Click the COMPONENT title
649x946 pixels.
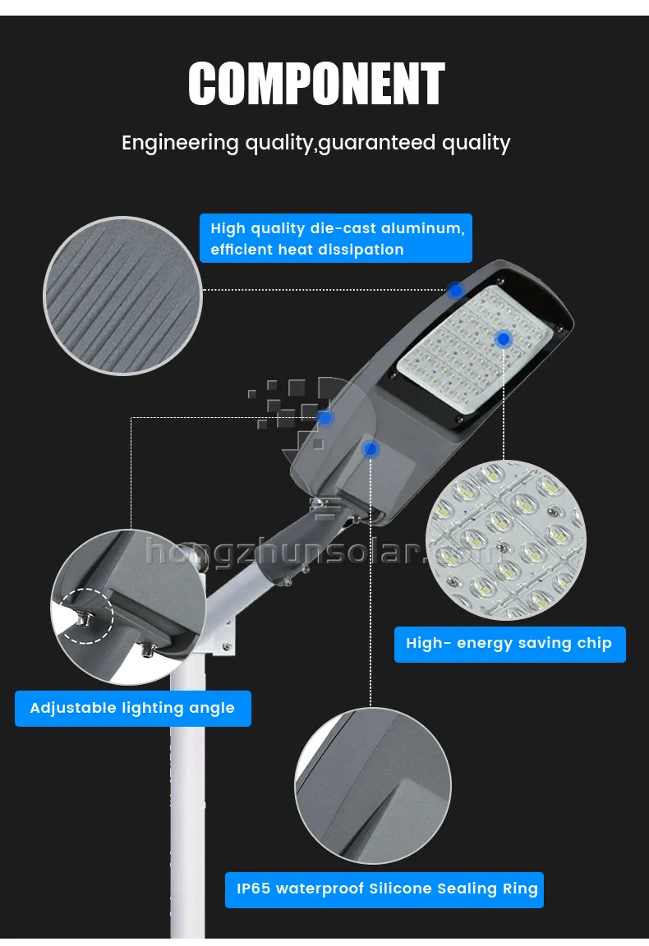tap(316, 85)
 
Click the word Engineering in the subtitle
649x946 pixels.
tap(180, 143)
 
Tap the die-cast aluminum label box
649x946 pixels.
tap(336, 238)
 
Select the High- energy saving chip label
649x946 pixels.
tap(509, 644)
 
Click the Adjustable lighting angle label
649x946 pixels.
tap(132, 708)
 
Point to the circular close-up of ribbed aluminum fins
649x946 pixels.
tap(122, 296)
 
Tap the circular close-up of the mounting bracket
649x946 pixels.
tap(127, 608)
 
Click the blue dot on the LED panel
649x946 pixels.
tap(504, 338)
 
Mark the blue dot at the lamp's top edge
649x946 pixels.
tap(456, 290)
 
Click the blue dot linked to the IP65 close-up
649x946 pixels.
tap(371, 449)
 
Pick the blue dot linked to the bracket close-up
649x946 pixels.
tap(325, 418)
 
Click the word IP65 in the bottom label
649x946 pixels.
tap(253, 889)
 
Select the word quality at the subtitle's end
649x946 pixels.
tap(476, 143)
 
